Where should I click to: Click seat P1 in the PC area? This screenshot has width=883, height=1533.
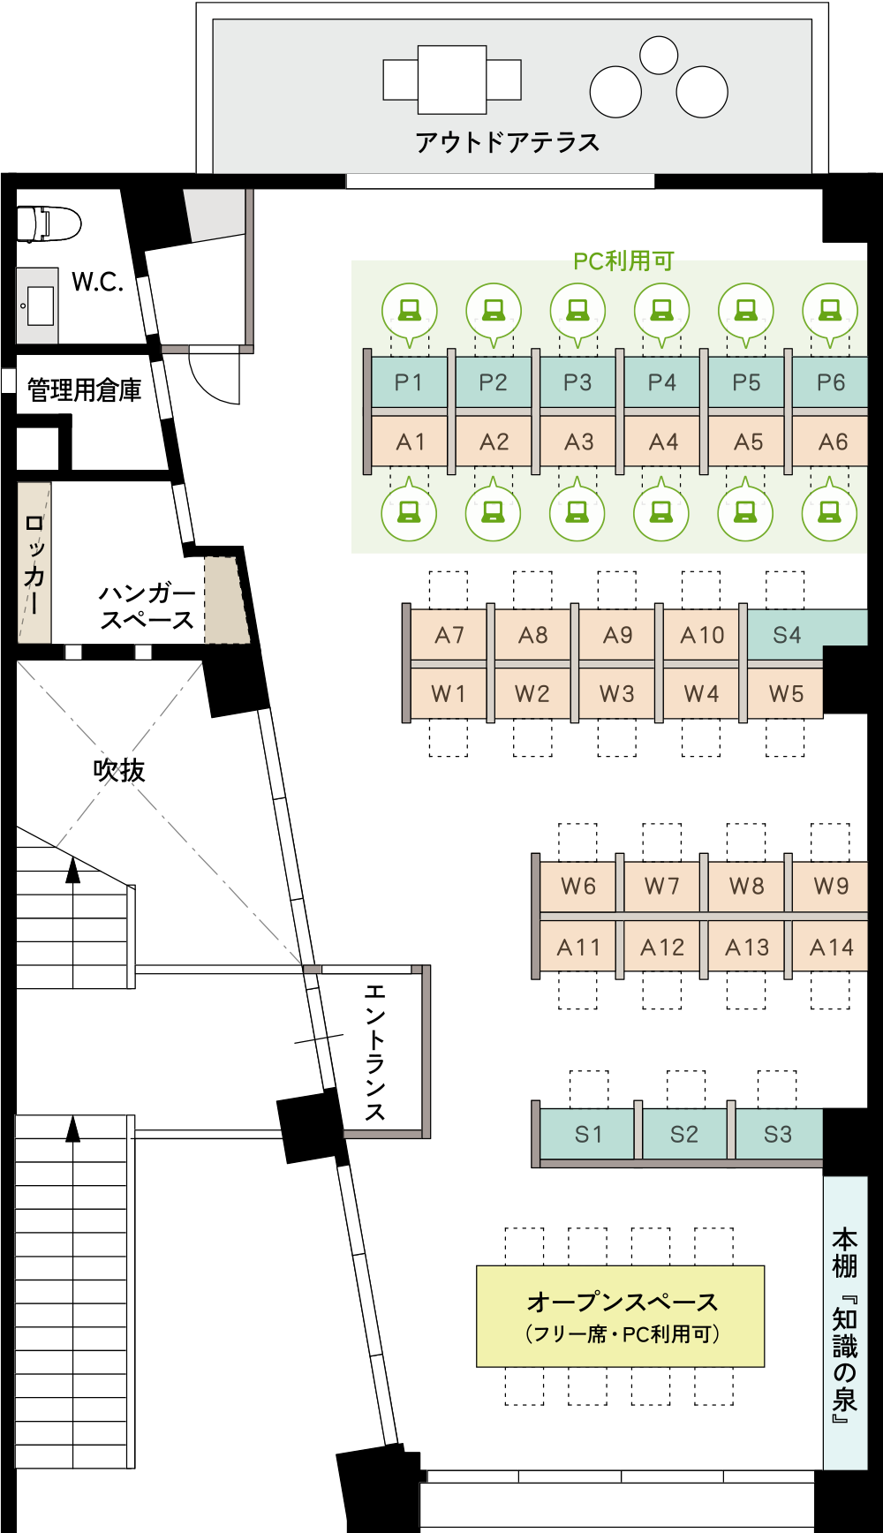(409, 382)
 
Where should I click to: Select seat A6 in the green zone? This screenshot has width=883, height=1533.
(832, 442)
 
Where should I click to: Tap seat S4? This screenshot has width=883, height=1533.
(787, 634)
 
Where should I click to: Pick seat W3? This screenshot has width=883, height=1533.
(616, 693)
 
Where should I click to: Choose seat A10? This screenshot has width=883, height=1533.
(702, 634)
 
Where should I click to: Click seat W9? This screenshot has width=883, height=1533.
(831, 886)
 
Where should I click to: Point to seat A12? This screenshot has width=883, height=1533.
(662, 948)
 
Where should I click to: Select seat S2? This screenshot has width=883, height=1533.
(684, 1135)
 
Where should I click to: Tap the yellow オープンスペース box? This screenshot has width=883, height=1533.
(620, 1316)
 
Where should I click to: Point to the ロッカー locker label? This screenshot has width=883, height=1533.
(34, 563)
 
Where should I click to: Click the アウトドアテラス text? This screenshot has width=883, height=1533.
(507, 142)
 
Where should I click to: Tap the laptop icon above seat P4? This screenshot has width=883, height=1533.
(662, 310)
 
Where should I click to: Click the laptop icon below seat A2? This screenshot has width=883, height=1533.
(494, 512)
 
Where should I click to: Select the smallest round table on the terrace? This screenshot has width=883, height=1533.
(658, 55)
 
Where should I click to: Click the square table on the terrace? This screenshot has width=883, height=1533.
(452, 79)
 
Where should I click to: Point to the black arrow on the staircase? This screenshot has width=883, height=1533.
(72, 1129)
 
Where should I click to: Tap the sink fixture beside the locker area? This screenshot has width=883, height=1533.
(37, 306)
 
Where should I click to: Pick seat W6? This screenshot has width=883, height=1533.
(577, 886)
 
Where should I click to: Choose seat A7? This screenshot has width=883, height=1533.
(449, 634)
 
